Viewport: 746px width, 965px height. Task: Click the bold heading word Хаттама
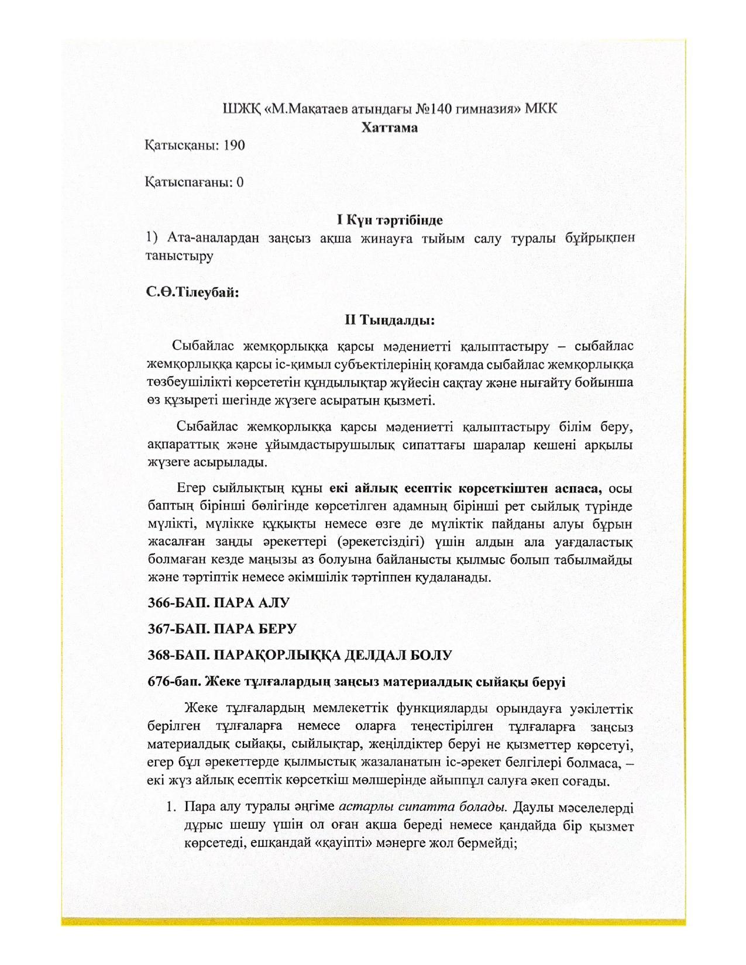pyautogui.click(x=389, y=127)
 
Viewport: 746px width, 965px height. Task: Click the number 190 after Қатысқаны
pyautogui.click(x=233, y=145)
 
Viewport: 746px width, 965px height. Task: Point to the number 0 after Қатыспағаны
pyautogui.click(x=240, y=182)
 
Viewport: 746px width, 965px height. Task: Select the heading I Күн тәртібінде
pyautogui.click(x=389, y=220)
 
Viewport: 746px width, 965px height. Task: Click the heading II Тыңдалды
pyautogui.click(x=389, y=320)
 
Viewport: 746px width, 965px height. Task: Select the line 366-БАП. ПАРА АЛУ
pyautogui.click(x=218, y=602)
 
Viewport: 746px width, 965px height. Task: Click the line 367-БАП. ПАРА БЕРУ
pyautogui.click(x=222, y=629)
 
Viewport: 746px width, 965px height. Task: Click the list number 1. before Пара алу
pyautogui.click(x=171, y=807)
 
